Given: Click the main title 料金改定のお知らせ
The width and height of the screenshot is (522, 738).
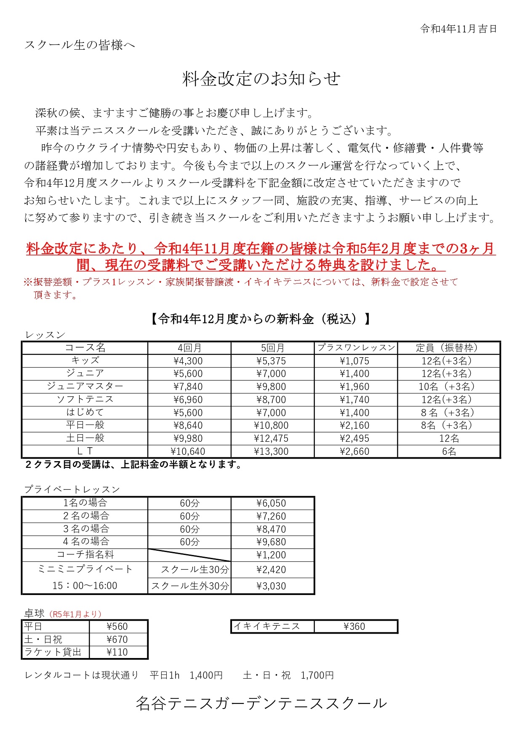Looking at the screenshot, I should pyautogui.click(x=261, y=79).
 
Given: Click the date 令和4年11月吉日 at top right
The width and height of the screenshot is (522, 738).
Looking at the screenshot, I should pyautogui.click(x=458, y=29).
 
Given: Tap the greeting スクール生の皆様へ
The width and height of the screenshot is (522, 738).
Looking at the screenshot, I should pyautogui.click(x=80, y=45).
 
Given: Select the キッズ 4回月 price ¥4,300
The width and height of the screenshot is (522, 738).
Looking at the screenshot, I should pyautogui.click(x=188, y=361).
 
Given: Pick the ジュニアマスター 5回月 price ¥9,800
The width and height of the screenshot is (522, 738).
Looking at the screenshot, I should pyautogui.click(x=271, y=387).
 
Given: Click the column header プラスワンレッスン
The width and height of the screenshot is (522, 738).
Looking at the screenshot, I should pyautogui.click(x=356, y=348).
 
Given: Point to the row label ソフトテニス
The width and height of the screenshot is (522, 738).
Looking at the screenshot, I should pyautogui.click(x=85, y=399).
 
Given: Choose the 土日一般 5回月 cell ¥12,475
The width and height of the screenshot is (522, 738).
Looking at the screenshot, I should pyautogui.click(x=271, y=438).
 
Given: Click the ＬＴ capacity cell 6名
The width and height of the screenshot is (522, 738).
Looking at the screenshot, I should pyautogui.click(x=449, y=451).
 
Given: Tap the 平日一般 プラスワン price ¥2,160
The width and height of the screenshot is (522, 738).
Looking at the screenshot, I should pyautogui.click(x=354, y=425).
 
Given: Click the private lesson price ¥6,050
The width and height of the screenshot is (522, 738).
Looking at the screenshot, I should pyautogui.click(x=271, y=503).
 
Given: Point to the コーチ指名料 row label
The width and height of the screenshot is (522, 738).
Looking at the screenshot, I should pyautogui.click(x=85, y=555).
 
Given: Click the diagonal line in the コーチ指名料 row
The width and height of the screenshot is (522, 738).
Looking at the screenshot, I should pyautogui.click(x=189, y=555).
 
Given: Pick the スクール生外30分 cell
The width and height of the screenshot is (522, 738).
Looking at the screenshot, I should pyautogui.click(x=190, y=586).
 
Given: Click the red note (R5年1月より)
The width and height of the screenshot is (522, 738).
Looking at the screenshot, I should pyautogui.click(x=75, y=614).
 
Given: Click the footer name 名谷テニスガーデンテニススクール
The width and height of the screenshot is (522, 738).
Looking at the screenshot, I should pyautogui.click(x=261, y=703).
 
